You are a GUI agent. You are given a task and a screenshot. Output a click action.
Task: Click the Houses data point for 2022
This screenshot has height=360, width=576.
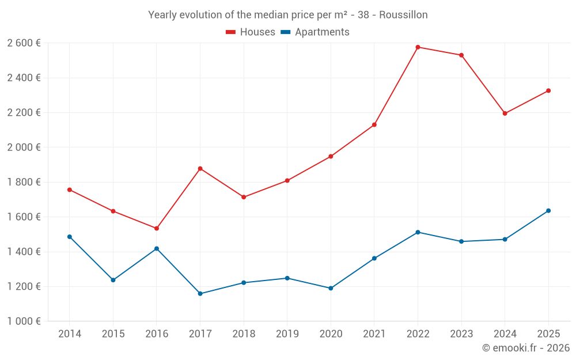pos(418,47)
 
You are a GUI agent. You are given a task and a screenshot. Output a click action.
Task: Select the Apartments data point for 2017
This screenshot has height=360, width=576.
pos(200,294)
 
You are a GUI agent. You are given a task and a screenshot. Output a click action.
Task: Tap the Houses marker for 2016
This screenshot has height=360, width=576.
pos(157,229)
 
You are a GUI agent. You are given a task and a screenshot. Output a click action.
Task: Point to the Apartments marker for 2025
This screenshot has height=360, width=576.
pos(548,211)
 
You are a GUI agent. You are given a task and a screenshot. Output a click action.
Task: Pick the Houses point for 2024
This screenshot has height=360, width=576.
pos(505,113)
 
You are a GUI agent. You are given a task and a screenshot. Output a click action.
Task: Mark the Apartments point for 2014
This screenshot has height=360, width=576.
pos(70,237)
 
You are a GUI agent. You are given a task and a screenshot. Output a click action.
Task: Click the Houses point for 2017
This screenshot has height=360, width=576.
pos(200,169)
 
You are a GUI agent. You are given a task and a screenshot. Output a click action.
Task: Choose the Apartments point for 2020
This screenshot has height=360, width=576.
pos(331,288)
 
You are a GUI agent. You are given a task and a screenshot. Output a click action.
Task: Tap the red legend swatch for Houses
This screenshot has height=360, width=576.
pos(231,32)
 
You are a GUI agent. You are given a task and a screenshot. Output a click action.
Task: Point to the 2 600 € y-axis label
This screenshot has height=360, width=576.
pos(24,43)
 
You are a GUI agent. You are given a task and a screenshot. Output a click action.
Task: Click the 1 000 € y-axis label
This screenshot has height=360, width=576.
pos(24,321)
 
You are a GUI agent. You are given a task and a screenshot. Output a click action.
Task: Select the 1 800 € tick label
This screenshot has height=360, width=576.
pos(24,182)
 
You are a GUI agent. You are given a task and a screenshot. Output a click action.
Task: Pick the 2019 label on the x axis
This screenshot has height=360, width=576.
pos(287,334)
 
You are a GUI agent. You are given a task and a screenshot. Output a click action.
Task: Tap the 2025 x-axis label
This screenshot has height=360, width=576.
pos(548,334)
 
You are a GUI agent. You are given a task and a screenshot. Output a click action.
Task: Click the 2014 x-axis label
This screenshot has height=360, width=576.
pos(70,334)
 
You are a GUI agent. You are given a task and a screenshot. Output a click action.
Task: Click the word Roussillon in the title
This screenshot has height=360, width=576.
pos(403,15)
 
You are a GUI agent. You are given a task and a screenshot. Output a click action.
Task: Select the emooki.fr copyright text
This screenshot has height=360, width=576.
pos(525,348)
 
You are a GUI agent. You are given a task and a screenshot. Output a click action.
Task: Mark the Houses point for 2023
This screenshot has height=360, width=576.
pos(461,55)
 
